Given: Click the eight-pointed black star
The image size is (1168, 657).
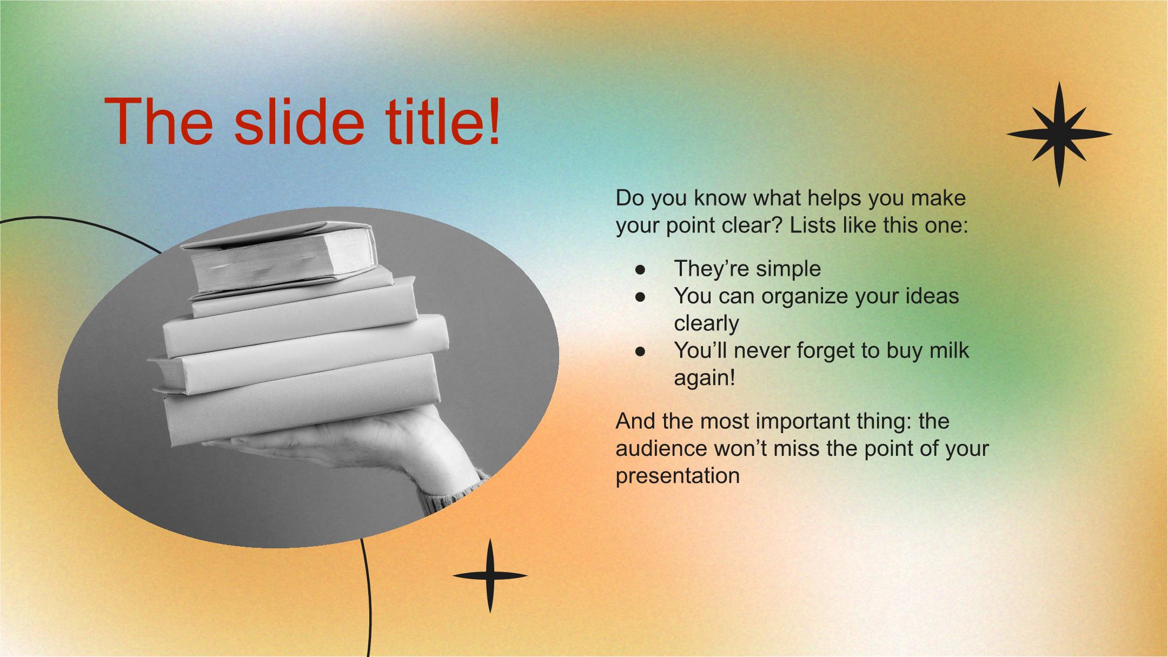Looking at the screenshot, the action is tap(1059, 135).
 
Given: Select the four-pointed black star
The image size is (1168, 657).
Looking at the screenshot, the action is tap(490, 575).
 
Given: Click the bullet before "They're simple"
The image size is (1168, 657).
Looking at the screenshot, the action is tap(641, 269).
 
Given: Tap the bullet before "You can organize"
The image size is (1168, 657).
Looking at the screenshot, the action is tap(641, 296).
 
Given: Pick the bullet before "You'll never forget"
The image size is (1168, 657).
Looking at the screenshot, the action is tap(641, 351).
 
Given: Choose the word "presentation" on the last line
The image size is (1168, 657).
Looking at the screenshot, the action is tap(678, 476).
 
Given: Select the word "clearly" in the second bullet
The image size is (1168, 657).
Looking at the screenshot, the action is tap(706, 324).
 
